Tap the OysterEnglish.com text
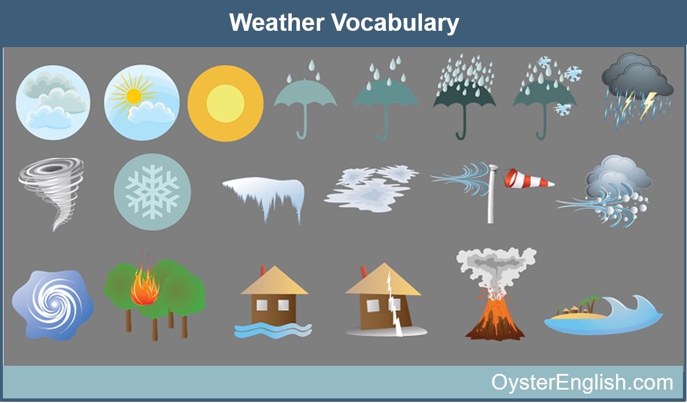(582, 382)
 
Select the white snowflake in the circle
(152, 192)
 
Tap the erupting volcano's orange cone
(495, 318)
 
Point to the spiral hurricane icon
(52, 304)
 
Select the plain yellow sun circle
(225, 104)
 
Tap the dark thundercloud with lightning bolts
(638, 90)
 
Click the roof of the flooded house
(274, 281)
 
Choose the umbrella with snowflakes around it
(546, 97)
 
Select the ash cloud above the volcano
(496, 268)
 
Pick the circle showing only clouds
(53, 102)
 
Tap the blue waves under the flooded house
(273, 330)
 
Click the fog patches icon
(371, 188)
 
